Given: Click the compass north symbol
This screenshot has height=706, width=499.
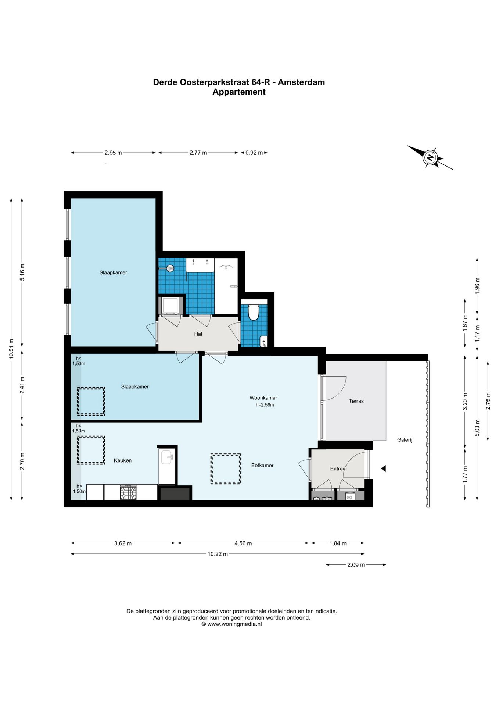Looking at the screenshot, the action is coord(430,158).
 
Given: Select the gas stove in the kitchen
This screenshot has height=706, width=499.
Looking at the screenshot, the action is coord(128,492).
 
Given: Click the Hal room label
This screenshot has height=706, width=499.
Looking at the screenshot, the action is coord(198,334).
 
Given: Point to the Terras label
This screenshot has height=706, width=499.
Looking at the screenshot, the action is coord(356,401).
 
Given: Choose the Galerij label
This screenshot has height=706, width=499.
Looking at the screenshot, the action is coord(405,440).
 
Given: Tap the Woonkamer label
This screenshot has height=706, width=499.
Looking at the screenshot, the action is coord(263,398).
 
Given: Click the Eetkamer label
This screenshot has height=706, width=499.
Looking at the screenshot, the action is coord(262,465).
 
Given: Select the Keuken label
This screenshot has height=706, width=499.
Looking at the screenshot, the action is coord(122,460).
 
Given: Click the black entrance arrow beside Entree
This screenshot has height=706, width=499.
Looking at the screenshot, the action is coord(383,468).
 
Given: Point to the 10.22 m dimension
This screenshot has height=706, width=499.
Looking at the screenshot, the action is coord(218,554).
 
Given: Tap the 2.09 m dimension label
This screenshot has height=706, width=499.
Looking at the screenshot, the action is coord(356,565).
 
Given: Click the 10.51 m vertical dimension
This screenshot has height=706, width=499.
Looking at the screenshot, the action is coord(11,349).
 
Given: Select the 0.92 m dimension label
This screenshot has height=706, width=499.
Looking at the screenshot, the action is coord(254,153).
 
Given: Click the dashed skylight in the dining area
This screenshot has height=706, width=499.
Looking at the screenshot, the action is coord(226,469).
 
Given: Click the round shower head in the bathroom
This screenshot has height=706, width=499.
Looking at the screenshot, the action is coord(170,268).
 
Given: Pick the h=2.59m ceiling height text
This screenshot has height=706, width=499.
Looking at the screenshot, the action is coord(265,405).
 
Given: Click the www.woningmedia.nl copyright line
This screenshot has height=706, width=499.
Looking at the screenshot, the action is coord(231,624).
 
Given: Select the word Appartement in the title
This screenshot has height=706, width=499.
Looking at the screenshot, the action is coord(239,92).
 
